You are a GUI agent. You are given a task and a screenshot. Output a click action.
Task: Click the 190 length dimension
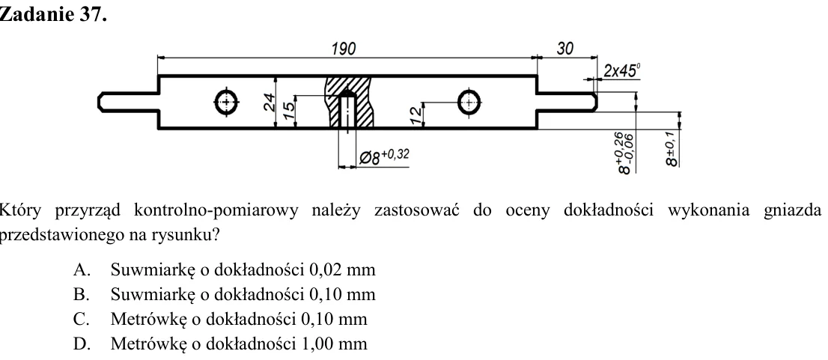point(344,49)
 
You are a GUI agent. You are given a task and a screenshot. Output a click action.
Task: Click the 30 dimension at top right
point(565,49)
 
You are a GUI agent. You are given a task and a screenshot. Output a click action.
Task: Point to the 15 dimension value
point(288,110)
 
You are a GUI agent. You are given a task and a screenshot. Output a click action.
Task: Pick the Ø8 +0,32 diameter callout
point(384,156)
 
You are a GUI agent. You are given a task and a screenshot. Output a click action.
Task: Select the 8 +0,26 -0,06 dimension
point(625,153)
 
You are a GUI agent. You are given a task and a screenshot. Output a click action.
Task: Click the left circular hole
point(227,102)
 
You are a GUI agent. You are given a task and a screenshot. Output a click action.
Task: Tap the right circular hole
point(469,102)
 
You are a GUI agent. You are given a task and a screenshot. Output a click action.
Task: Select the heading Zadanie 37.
point(53,15)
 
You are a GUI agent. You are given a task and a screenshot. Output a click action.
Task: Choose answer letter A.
point(80,269)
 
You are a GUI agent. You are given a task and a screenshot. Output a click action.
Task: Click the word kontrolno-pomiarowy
point(216,210)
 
